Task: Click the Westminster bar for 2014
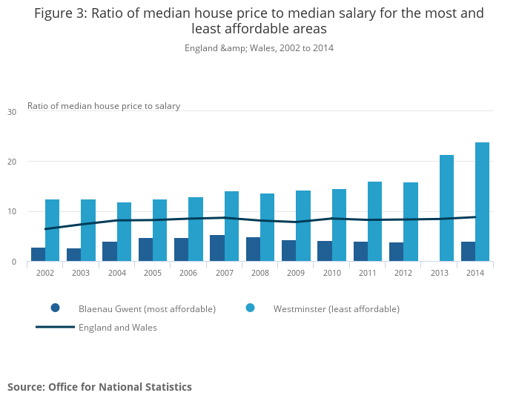[482, 202]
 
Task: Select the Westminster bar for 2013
[446, 208]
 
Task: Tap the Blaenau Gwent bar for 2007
[217, 248]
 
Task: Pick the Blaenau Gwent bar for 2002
[38, 254]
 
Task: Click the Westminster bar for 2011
[374, 222]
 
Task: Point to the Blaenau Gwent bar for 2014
[468, 252]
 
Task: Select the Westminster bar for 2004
[124, 232]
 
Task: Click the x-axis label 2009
[296, 273]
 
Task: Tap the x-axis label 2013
[439, 273]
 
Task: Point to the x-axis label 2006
[188, 273]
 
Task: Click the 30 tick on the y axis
[11, 112]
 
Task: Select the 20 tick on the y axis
[11, 162]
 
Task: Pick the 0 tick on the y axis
[13, 262]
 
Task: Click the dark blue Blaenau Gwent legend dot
[55, 308]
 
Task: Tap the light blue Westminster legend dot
[250, 308]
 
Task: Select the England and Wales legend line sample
[55, 327]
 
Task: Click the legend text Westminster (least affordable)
[336, 309]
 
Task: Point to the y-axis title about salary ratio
[104, 106]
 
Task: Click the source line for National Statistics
[99, 387]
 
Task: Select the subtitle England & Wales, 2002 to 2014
[259, 48]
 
